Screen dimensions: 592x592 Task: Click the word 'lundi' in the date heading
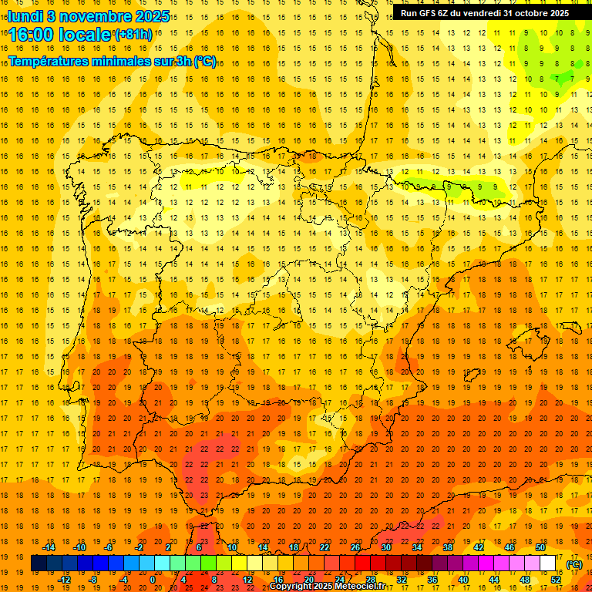coord(25,15)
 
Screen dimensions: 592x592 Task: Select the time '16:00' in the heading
coord(32,35)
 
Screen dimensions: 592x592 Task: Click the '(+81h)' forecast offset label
coord(133,35)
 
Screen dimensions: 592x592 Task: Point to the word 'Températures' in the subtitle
coord(49,61)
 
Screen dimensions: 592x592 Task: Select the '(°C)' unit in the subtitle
coord(205,61)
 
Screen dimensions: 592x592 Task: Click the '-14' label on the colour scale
coord(49,547)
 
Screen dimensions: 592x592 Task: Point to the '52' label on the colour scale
coord(557,579)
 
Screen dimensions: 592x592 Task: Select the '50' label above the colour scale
coord(540,547)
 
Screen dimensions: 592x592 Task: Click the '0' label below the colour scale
coord(153,579)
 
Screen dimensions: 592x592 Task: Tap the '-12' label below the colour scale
coord(64,579)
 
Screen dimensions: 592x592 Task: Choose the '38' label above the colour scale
coord(447,547)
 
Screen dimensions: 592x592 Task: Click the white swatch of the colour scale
coord(548,563)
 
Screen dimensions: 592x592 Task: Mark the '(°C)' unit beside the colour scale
coord(573,563)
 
